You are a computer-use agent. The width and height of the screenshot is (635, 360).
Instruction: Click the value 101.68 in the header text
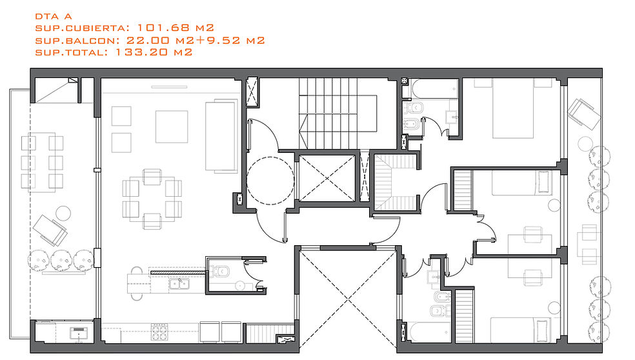click(164, 28)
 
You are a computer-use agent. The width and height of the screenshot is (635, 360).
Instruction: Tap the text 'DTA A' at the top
click(54, 16)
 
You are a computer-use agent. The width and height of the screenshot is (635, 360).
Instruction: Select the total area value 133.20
click(142, 52)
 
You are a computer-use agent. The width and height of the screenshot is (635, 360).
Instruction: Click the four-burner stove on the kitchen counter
click(159, 332)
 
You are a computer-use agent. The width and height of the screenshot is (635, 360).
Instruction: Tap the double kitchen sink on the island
click(179, 285)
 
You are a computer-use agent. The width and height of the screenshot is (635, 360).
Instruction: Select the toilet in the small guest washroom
click(221, 271)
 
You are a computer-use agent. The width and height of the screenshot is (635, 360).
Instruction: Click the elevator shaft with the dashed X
click(327, 178)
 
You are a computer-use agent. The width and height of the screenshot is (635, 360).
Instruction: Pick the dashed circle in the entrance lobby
click(270, 180)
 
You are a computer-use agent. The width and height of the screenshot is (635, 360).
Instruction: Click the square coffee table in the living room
click(172, 126)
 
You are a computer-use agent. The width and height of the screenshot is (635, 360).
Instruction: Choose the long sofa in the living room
click(221, 136)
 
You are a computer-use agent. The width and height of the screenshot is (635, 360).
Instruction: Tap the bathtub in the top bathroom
click(434, 89)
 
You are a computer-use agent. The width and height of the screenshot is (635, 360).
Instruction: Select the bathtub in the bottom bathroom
click(429, 332)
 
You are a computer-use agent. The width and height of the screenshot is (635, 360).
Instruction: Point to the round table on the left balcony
click(63, 213)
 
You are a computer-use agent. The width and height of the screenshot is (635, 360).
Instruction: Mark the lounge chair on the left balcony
click(50, 230)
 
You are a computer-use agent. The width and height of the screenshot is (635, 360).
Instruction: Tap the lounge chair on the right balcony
click(584, 114)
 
